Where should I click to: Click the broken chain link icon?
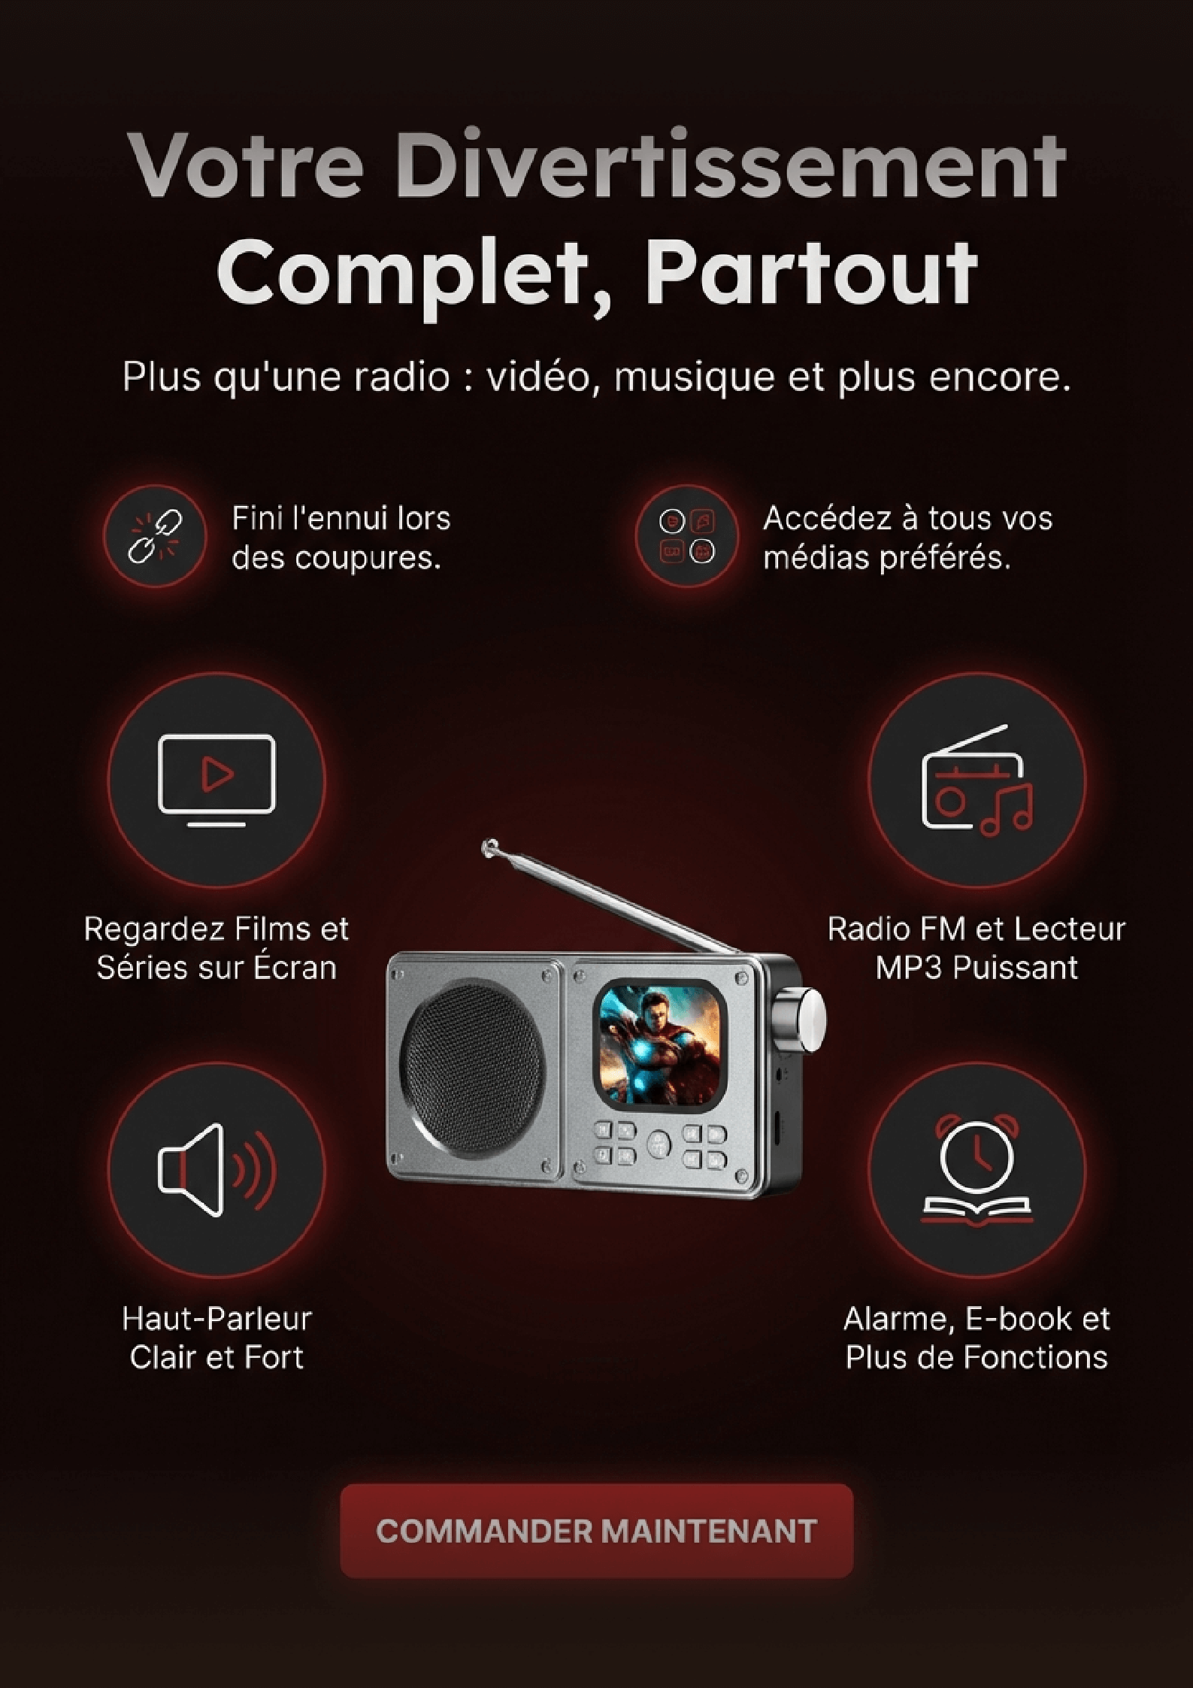click(154, 537)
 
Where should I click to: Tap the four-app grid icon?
click(686, 537)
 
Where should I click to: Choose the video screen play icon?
click(216, 780)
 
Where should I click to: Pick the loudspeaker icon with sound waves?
click(216, 1169)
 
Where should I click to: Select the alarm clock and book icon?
click(977, 1169)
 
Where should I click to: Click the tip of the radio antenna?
click(492, 847)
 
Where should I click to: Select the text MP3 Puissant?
click(977, 967)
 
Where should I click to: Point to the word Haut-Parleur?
click(216, 1318)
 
